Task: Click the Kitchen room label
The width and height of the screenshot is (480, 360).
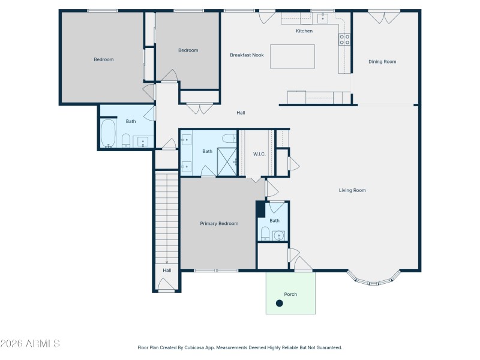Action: point(304,31)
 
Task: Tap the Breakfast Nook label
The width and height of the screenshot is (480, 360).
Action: point(247,55)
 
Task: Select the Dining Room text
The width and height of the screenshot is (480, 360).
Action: point(382,61)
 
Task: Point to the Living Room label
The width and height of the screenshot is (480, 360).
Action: point(352,190)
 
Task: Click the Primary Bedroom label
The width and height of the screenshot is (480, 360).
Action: point(219,223)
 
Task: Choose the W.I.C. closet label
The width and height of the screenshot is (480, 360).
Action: point(259,154)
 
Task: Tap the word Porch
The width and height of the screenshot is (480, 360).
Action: point(290,294)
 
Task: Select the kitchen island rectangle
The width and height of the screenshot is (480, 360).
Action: point(292,57)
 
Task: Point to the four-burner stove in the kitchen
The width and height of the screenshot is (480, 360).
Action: point(344,40)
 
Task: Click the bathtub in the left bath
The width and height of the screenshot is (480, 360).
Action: point(109,133)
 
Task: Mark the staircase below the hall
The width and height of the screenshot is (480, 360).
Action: point(167,216)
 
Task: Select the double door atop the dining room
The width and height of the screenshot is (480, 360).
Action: point(376,16)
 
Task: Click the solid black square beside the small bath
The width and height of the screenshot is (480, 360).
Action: point(260,209)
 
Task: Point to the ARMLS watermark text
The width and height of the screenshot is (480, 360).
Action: point(30,344)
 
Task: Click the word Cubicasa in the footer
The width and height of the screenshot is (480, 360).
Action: point(190,347)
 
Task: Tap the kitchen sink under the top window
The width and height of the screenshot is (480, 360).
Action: point(323,17)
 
